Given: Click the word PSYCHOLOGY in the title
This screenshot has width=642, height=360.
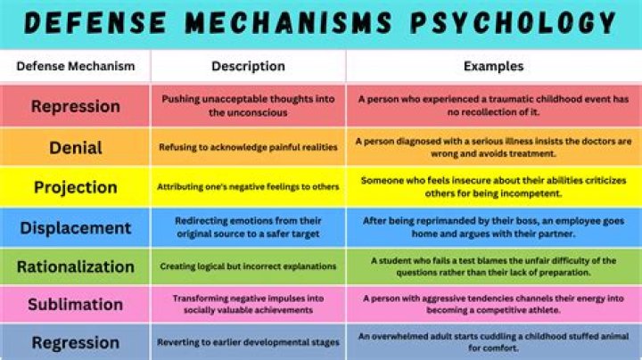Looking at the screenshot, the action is coord(514,22).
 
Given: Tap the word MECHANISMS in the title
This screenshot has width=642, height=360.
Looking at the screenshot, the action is coord(288,22).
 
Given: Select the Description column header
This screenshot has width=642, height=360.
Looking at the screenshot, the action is coord(248,66).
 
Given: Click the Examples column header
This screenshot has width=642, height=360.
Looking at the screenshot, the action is coord(493,66).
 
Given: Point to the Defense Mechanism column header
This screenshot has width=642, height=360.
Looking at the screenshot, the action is coord(76,66).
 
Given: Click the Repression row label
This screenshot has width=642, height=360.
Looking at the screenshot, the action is coord(76,106).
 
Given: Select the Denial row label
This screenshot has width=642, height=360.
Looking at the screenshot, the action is coord(76,148).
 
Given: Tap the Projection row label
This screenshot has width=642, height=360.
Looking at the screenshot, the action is coord(76,187).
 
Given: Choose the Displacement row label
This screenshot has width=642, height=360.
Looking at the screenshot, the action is coord(76,228).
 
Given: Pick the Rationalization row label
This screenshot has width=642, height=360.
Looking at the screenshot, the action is coord(76,266).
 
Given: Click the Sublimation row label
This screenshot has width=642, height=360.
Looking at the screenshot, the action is coord(76,305).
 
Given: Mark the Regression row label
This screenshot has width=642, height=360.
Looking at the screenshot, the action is coord(76,343).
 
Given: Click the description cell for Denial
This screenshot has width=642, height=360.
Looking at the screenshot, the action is coord(248,147).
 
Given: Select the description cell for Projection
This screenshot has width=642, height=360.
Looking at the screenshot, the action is coord(248,187).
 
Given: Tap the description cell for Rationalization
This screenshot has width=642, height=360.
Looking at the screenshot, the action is coord(248,266).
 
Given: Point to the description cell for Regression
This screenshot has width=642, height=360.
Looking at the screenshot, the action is coord(248,342).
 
